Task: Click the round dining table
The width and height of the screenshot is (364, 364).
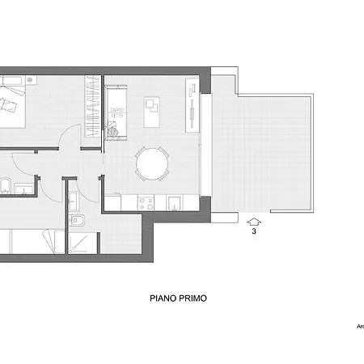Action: click(152, 164)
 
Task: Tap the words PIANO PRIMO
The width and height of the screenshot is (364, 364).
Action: click(178, 298)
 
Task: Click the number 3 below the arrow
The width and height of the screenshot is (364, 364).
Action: click(254, 231)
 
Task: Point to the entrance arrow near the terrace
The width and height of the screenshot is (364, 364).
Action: click(254, 220)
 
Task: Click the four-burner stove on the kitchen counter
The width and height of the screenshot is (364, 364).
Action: click(147, 203)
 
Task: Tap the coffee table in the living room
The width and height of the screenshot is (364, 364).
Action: click(151, 110)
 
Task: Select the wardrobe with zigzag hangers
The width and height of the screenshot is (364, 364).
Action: click(91, 106)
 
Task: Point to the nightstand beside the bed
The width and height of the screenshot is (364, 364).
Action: click(31, 80)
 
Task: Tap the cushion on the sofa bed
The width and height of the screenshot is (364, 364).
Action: click(115, 128)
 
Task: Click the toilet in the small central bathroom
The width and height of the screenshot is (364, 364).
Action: click(81, 220)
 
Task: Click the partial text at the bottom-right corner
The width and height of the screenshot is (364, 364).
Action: click(359, 327)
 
